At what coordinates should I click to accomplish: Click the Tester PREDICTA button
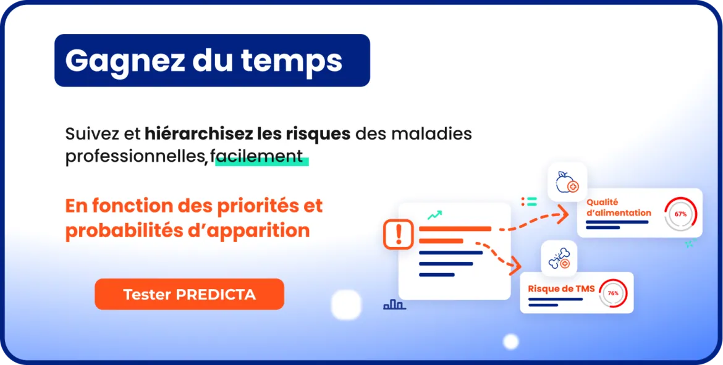pyautogui.click(x=190, y=294)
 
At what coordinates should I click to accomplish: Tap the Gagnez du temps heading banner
pyautogui.click(x=212, y=61)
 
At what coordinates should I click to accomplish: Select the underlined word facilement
pyautogui.click(x=260, y=157)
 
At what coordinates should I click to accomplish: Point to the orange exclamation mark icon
pyautogui.click(x=399, y=234)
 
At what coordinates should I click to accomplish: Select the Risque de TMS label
pyautogui.click(x=561, y=289)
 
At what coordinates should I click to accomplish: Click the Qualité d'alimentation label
pyautogui.click(x=619, y=208)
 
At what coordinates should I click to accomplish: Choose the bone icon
pyautogui.click(x=559, y=259)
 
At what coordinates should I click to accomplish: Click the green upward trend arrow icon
pyautogui.click(x=434, y=215)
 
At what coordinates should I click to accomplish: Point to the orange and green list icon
pyautogui.click(x=530, y=201)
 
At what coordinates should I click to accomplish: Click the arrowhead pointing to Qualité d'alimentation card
pyautogui.click(x=562, y=215)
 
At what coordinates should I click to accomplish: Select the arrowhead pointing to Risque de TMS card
pyautogui.click(x=515, y=266)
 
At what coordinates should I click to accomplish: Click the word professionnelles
pyautogui.click(x=134, y=157)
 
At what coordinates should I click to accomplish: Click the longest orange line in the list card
pyautogui.click(x=455, y=229)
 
